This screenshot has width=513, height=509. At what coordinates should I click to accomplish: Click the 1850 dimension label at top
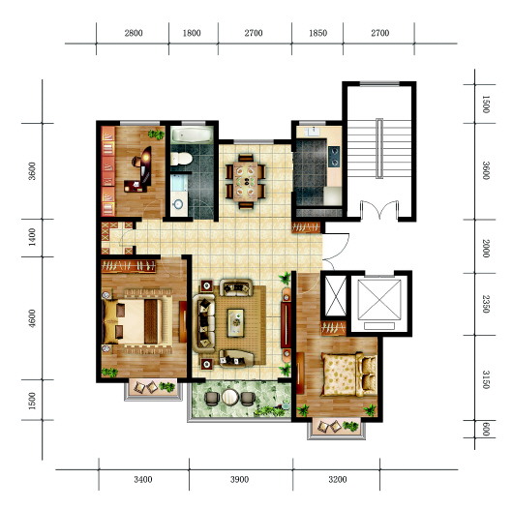317,33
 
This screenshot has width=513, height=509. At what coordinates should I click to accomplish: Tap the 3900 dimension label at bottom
239,480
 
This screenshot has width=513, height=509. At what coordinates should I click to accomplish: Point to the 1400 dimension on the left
32,237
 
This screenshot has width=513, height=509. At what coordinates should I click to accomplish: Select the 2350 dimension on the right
486,304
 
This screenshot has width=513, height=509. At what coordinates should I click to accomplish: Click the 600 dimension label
486,429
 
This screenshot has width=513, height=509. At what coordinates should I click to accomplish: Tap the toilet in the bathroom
181,159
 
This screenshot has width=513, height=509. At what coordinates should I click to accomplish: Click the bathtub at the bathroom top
193,135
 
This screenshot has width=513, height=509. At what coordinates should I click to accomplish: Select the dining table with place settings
246,182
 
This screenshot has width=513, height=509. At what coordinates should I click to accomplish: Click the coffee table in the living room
236,323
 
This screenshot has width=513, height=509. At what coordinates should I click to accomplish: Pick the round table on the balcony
230,397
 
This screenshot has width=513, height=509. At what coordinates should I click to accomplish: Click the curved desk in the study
144,166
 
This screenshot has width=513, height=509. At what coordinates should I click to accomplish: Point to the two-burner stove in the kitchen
334,157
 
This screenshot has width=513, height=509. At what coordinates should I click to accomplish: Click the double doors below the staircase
379,209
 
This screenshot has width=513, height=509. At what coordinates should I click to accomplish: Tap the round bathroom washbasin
178,204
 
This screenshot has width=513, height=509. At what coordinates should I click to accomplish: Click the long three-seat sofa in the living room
204,323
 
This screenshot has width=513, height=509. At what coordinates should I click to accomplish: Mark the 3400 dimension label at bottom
143,480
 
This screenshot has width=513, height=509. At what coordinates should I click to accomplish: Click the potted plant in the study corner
156,135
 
